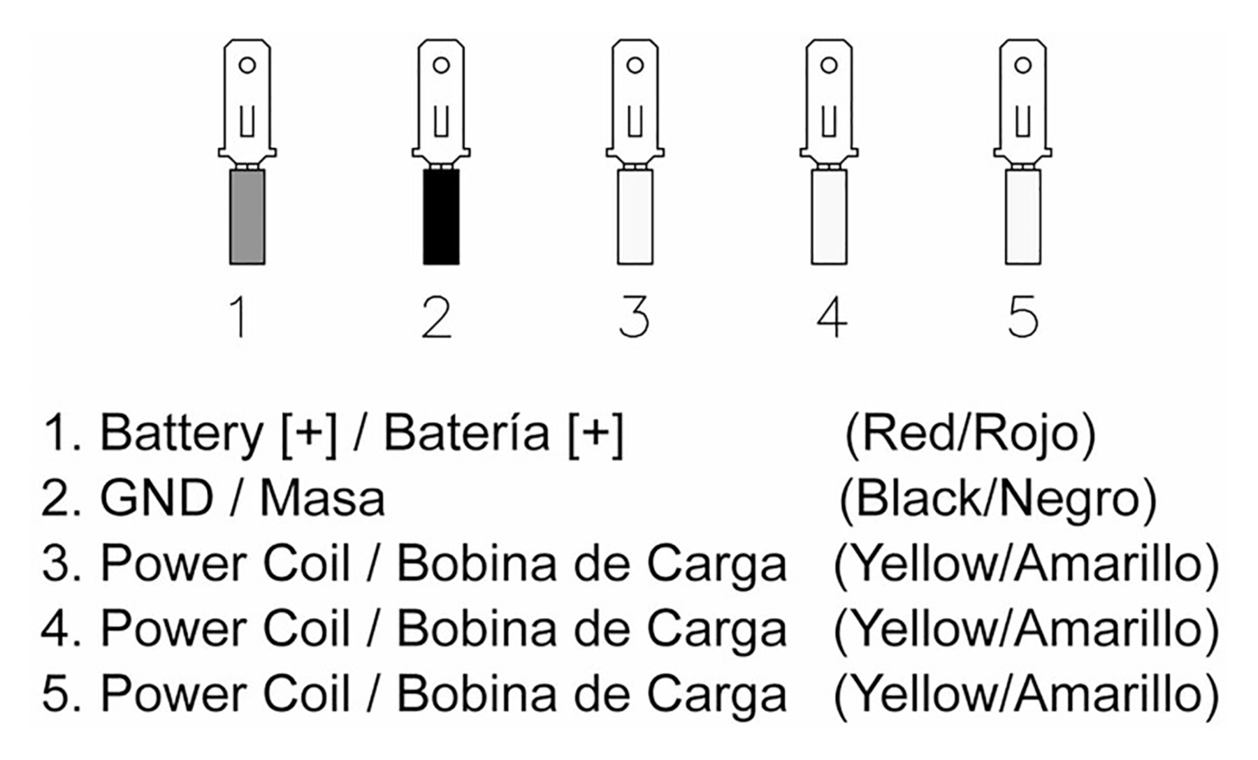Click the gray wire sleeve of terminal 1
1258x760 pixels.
247,217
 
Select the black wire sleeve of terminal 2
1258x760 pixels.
441,217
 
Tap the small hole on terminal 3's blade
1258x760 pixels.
635,66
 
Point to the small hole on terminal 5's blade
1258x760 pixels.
1022,66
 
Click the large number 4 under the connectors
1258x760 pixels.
832,317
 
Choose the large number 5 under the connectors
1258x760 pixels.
1023,317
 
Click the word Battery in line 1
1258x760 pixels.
181,434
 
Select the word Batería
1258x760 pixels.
467,432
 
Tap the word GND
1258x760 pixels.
157,499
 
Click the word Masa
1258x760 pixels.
322,499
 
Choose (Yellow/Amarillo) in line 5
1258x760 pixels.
1026,694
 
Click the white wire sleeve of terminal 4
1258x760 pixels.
829,217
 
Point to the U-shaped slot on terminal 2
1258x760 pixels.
441,122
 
